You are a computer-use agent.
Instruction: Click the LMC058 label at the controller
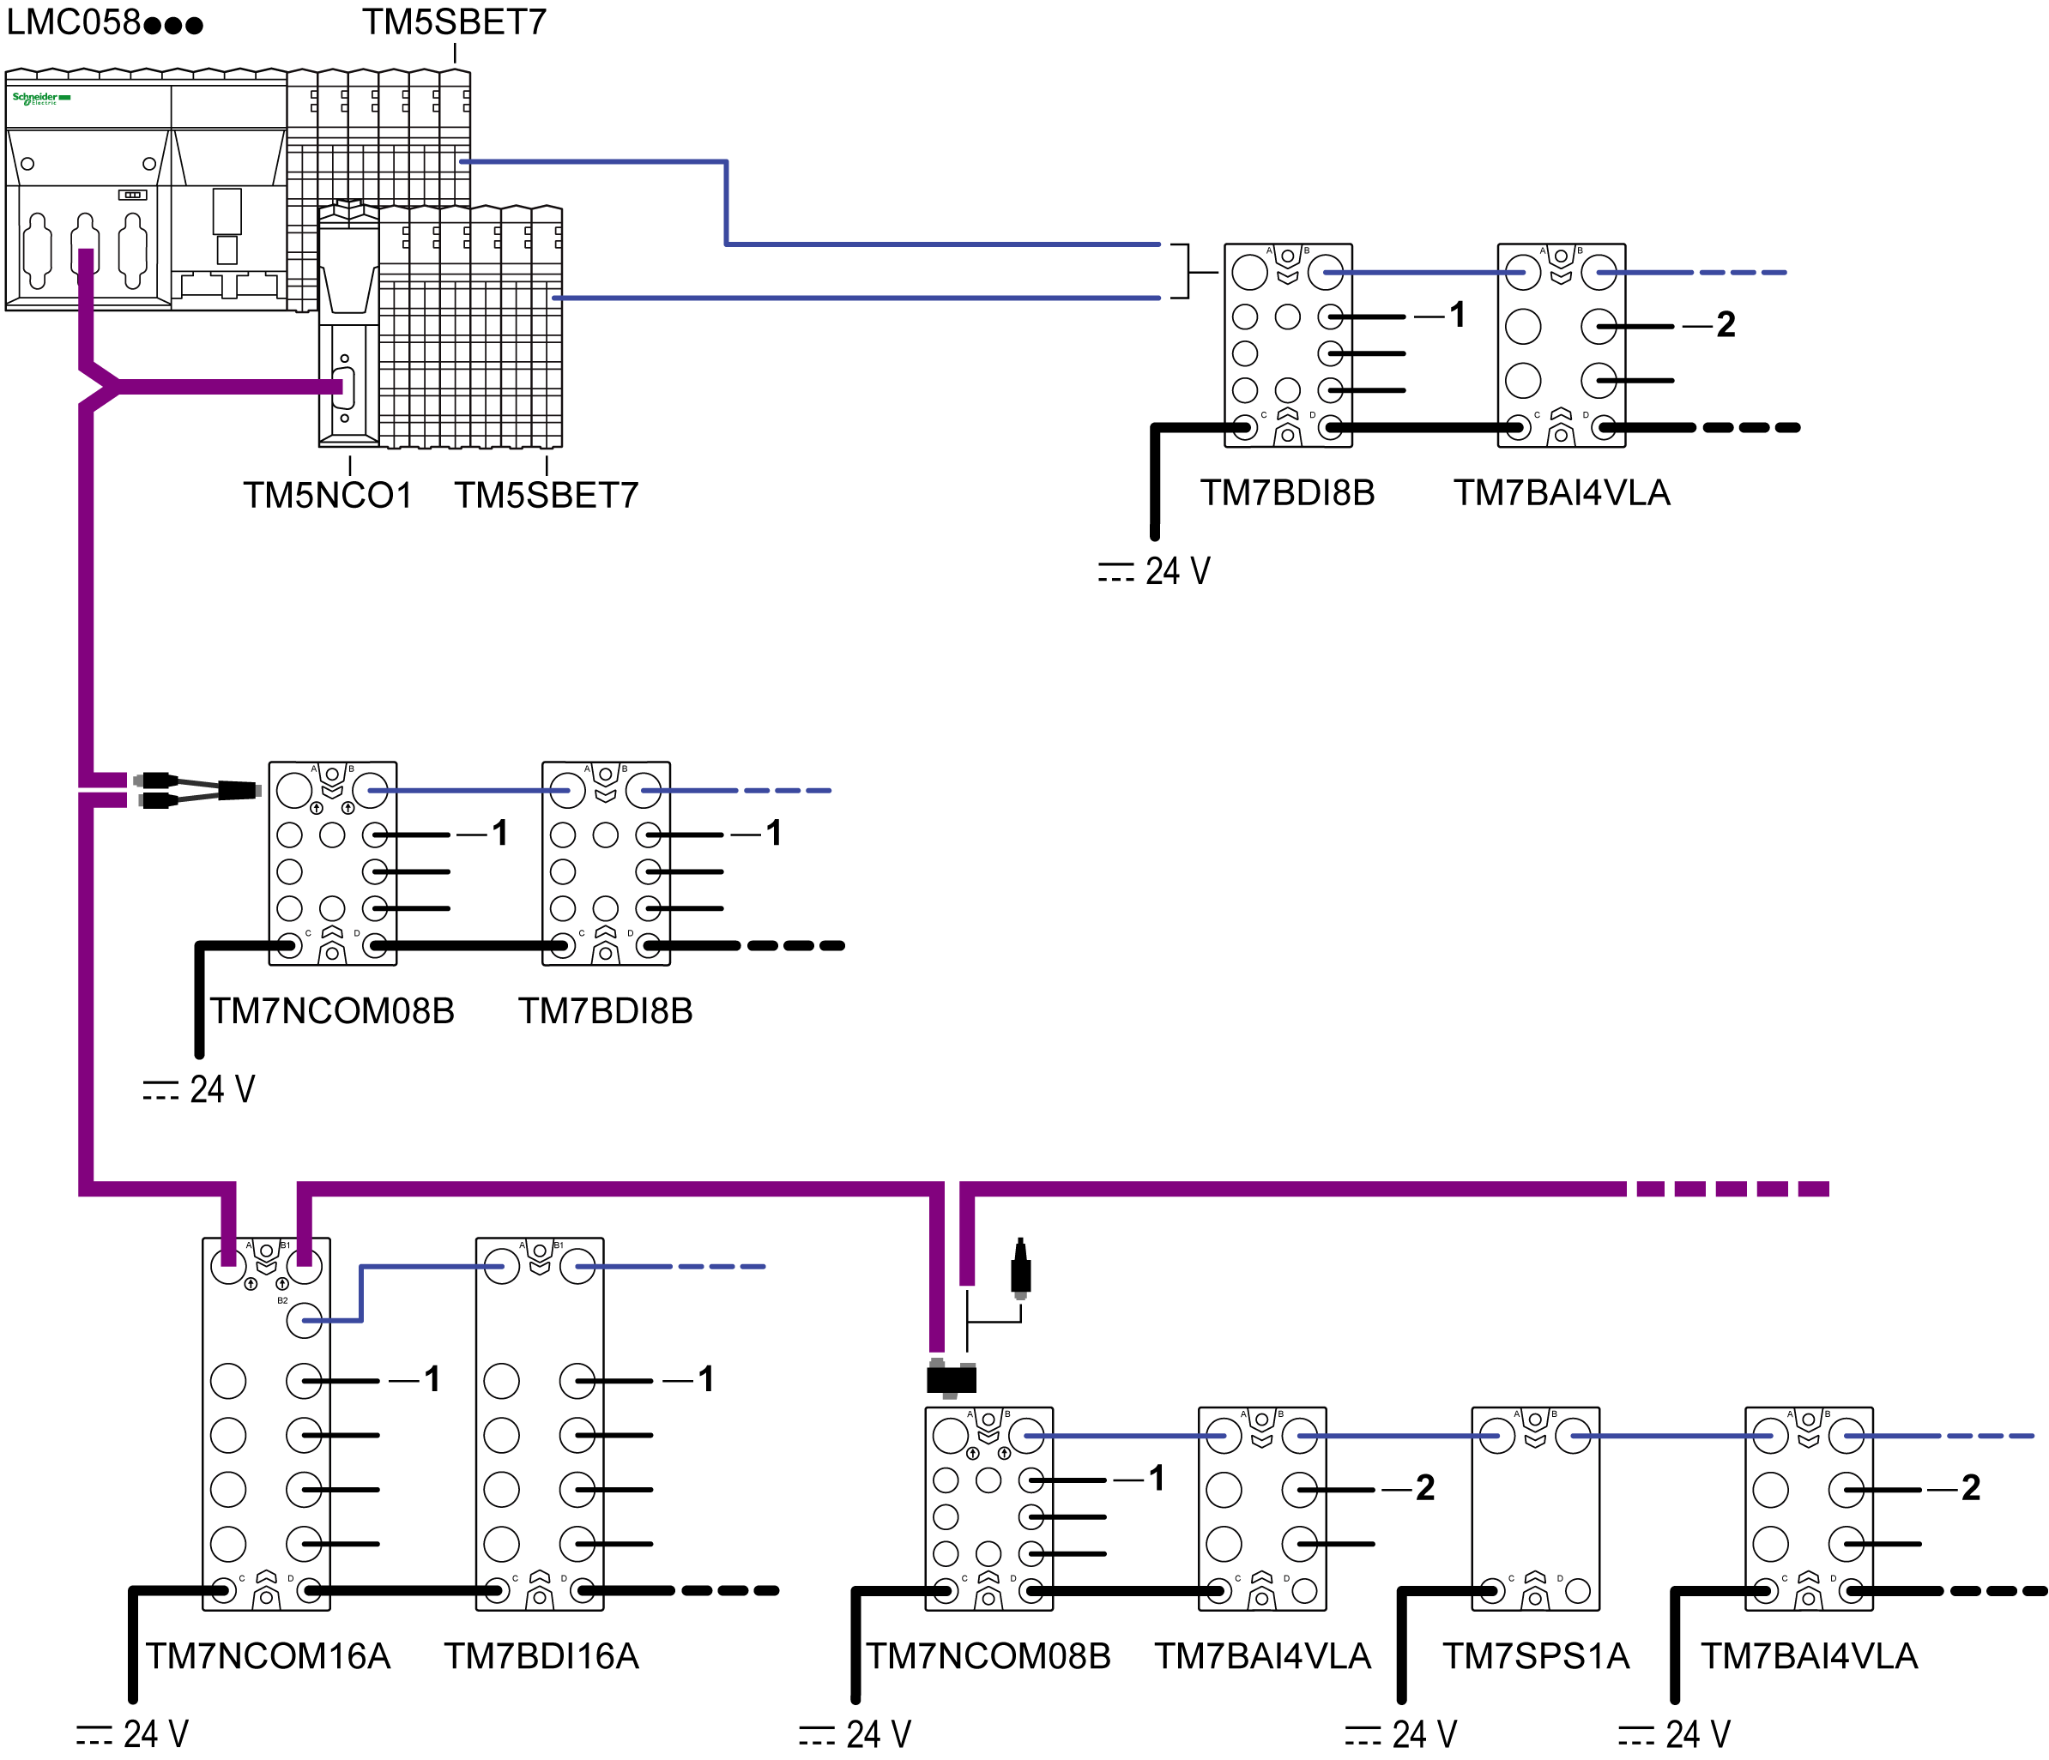point(104,21)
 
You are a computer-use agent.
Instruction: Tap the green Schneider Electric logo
point(40,98)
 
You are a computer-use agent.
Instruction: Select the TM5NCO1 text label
point(327,496)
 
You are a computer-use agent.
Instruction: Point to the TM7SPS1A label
point(1535,1656)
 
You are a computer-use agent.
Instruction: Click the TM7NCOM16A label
point(268,1656)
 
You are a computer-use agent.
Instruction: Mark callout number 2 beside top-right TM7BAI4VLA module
point(1726,324)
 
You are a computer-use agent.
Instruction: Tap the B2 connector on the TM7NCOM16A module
point(304,1321)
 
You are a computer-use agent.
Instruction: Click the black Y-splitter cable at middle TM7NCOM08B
point(198,789)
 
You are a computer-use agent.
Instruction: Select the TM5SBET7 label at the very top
point(454,21)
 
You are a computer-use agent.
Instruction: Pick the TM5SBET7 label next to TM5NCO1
point(546,496)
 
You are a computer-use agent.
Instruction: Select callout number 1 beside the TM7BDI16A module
point(705,1378)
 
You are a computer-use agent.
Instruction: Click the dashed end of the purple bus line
point(1731,1189)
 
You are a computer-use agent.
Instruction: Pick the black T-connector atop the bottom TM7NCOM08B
point(952,1378)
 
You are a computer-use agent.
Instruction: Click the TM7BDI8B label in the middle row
point(605,1010)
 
